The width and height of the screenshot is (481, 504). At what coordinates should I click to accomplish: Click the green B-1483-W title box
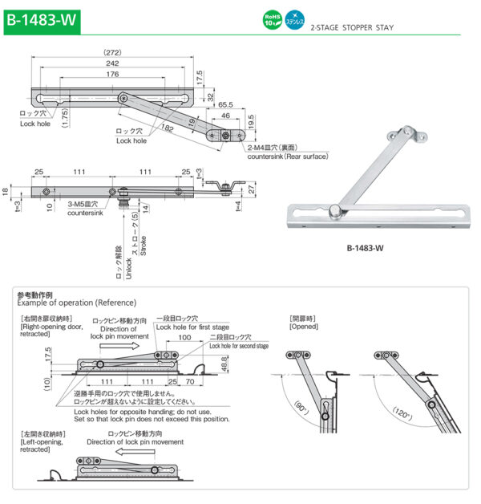coord(42,19)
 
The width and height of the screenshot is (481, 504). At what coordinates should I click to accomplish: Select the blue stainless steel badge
coord(296,19)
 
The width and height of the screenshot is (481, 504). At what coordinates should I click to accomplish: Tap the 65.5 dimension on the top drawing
coord(224,104)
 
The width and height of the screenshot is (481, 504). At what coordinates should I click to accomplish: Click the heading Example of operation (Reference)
coord(77,303)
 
